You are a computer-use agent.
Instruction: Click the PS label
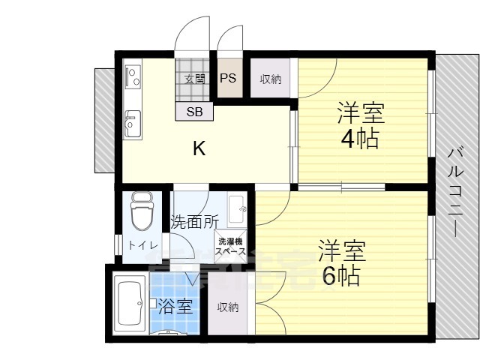tap(228, 78)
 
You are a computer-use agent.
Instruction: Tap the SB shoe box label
tap(194, 112)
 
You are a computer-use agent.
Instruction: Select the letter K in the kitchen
tap(199, 148)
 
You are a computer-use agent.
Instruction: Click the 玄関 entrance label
tap(195, 79)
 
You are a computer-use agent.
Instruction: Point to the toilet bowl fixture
tap(142, 211)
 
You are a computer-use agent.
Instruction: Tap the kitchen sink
tap(133, 124)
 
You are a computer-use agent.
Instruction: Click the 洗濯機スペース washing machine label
tap(230, 247)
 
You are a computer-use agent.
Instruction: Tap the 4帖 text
tap(360, 139)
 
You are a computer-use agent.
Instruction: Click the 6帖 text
tap(341, 275)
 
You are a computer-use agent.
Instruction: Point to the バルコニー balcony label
tap(455, 193)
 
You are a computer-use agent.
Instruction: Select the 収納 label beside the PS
tap(271, 79)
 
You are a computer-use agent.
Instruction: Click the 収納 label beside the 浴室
tap(228, 307)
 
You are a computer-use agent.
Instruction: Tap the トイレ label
tap(143, 245)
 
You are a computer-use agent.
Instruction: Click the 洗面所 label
tap(195, 222)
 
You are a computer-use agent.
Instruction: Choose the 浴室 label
tap(175, 306)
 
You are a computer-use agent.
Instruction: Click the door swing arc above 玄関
tap(187, 23)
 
